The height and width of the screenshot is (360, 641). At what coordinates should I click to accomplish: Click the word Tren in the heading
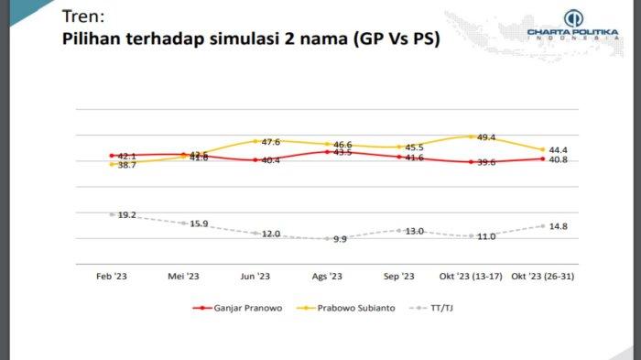(81, 17)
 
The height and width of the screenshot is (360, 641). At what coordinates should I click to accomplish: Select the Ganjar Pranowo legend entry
(233, 308)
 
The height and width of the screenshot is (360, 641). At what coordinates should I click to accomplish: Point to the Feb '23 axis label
(111, 276)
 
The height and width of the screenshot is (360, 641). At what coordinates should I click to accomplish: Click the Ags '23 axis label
(327, 276)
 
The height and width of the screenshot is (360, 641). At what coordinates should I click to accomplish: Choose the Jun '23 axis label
(255, 276)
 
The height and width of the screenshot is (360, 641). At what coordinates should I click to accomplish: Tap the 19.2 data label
(125, 214)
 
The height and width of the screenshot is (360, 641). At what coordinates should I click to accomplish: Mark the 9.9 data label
(340, 239)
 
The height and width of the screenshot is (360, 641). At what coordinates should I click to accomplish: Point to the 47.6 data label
(270, 142)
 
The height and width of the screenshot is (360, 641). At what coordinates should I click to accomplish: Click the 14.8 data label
(559, 225)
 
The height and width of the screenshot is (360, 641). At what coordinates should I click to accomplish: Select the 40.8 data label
(559, 159)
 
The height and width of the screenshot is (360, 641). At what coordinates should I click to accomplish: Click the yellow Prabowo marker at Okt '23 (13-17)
(471, 137)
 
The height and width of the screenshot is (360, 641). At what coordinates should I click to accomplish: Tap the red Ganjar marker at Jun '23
(255, 160)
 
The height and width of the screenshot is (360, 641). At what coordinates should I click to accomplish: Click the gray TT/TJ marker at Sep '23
(399, 231)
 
